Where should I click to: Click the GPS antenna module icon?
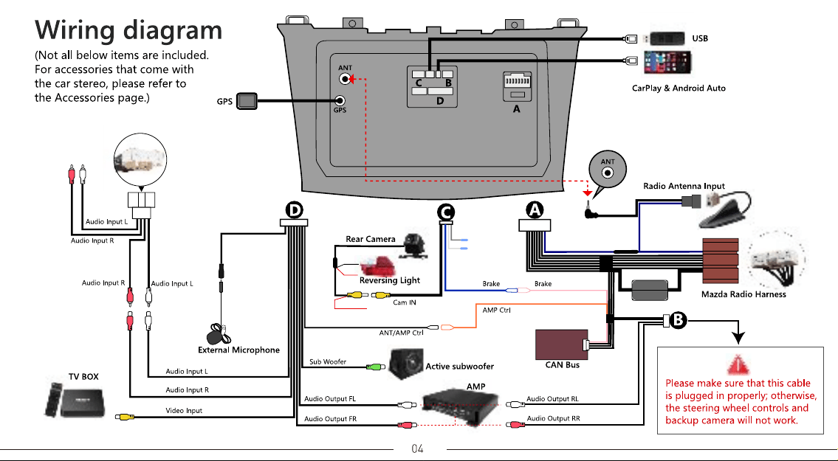[247, 101]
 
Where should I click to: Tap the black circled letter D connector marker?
[294, 210]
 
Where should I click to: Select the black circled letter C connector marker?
[446, 212]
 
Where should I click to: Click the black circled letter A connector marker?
[535, 210]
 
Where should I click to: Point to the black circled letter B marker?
[679, 320]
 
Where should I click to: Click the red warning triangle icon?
[738, 364]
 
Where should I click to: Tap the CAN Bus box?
[562, 344]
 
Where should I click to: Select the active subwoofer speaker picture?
[406, 364]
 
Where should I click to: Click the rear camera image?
[416, 246]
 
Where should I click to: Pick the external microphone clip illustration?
[219, 334]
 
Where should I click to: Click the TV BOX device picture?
[75, 400]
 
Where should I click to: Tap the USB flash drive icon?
[664, 38]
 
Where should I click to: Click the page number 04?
[417, 448]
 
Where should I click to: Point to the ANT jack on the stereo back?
[346, 79]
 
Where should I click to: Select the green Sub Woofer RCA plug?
[376, 367]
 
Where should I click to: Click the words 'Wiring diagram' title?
[128, 30]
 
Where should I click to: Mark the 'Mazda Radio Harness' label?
[743, 294]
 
